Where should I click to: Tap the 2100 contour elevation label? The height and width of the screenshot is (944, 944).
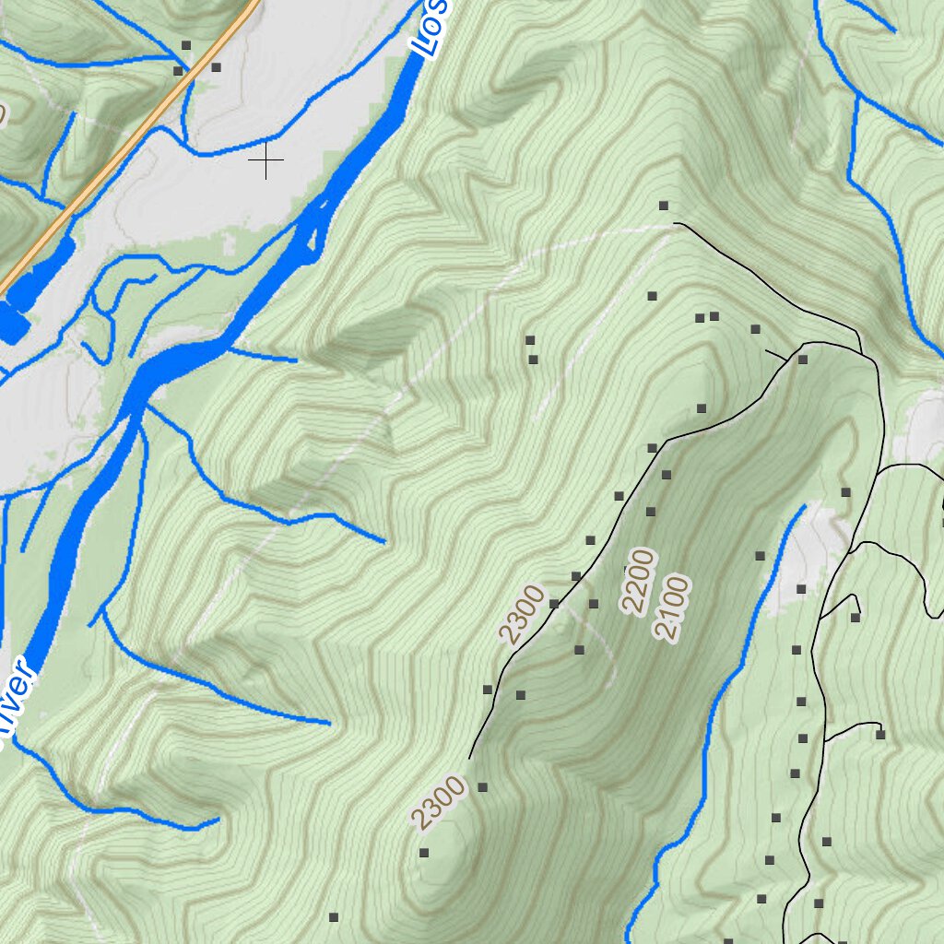coord(672,608)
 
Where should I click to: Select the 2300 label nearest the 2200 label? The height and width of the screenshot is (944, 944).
coord(522,614)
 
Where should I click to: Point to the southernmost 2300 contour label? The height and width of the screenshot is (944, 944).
coord(438,803)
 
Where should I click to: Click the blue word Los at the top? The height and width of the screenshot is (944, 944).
coord(430,28)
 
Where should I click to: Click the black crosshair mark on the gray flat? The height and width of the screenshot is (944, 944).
coord(266,161)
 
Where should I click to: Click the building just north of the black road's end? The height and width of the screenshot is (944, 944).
coord(663,206)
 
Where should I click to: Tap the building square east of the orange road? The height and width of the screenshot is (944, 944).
coord(216,67)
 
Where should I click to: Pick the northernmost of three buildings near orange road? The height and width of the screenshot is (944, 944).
coord(185,44)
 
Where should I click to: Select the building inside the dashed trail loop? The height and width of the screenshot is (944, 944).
coord(579,650)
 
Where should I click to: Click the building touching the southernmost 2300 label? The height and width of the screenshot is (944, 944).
coord(481,788)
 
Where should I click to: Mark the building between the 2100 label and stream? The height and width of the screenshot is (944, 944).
coord(760,556)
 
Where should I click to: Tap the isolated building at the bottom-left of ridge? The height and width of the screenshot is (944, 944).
coord(334,917)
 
